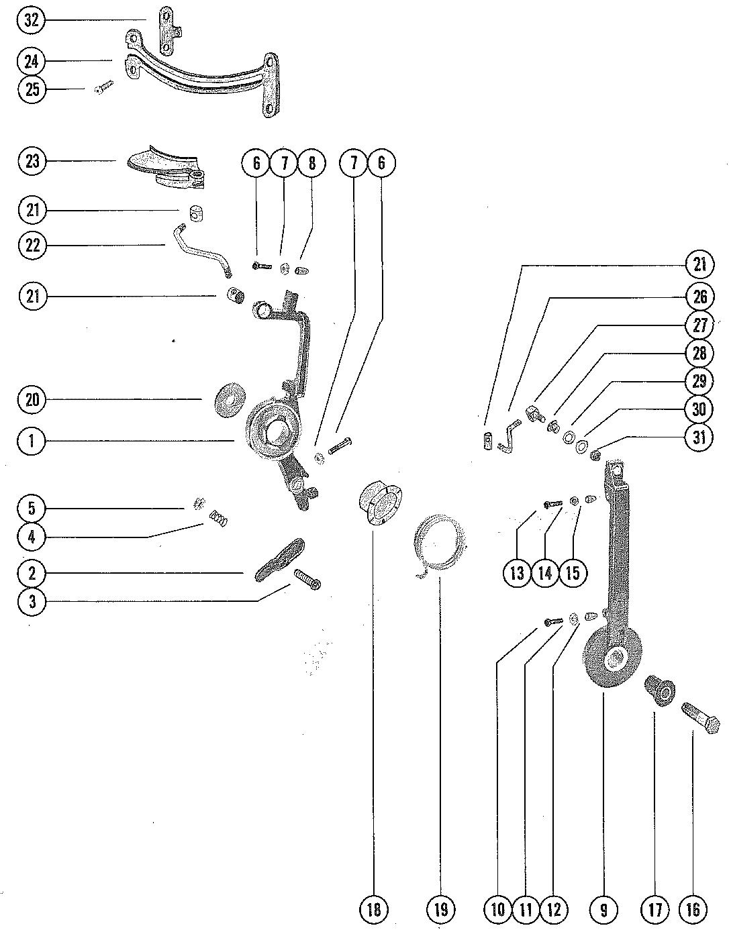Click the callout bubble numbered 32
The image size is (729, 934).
click(x=32, y=20)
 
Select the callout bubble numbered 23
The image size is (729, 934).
click(x=32, y=161)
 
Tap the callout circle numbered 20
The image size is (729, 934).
click(x=32, y=400)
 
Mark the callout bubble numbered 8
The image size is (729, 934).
click(x=311, y=163)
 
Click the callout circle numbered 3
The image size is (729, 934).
click(x=32, y=601)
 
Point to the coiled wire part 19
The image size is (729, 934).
click(x=439, y=543)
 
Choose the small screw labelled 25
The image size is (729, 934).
click(x=105, y=87)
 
